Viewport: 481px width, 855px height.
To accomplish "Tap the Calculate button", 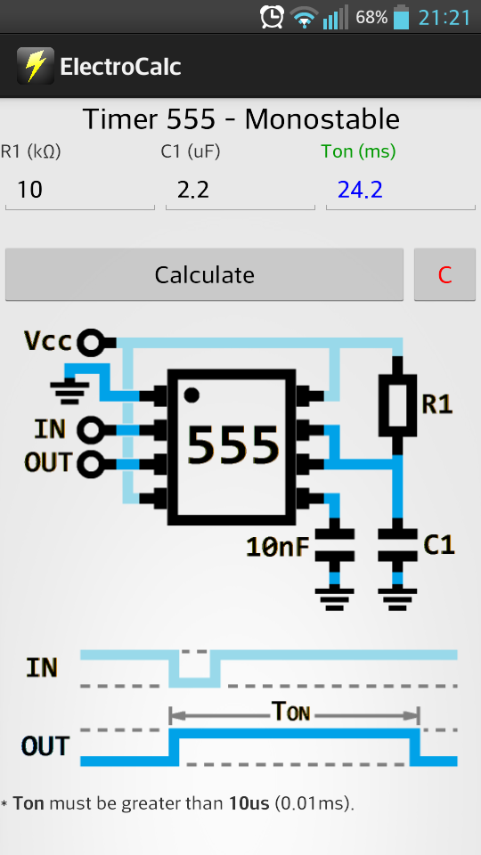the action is coord(204,274).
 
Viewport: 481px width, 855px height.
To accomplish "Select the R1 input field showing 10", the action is coord(79,191).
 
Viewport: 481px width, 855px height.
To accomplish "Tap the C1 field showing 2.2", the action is coord(240,191).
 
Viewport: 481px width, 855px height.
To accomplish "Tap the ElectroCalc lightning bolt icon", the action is coord(36,66).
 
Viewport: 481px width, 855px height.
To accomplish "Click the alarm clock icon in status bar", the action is coord(272,17).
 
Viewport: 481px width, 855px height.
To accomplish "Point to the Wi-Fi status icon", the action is coord(304,18).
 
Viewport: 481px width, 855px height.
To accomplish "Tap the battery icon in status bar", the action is coord(401,17).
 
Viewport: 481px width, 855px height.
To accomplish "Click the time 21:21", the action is coord(444,18).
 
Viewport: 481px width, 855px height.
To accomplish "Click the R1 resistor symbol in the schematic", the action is coord(397,405).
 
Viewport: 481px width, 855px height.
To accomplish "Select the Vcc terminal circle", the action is coord(91,342).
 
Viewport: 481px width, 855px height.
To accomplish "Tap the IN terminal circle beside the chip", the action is coord(91,429).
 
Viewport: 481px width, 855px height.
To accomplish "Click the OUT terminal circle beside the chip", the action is coord(91,464).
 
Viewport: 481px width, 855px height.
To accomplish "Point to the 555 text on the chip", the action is coord(232,445).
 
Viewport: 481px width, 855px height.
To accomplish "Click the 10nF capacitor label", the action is coord(278,547).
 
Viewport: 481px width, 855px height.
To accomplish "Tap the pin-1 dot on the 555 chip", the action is coord(192,395).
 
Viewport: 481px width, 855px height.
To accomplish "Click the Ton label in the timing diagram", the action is coord(290,711).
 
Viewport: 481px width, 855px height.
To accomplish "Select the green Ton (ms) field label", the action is coord(358,151).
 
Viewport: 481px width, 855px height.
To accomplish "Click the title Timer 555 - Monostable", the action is coord(241,119).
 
